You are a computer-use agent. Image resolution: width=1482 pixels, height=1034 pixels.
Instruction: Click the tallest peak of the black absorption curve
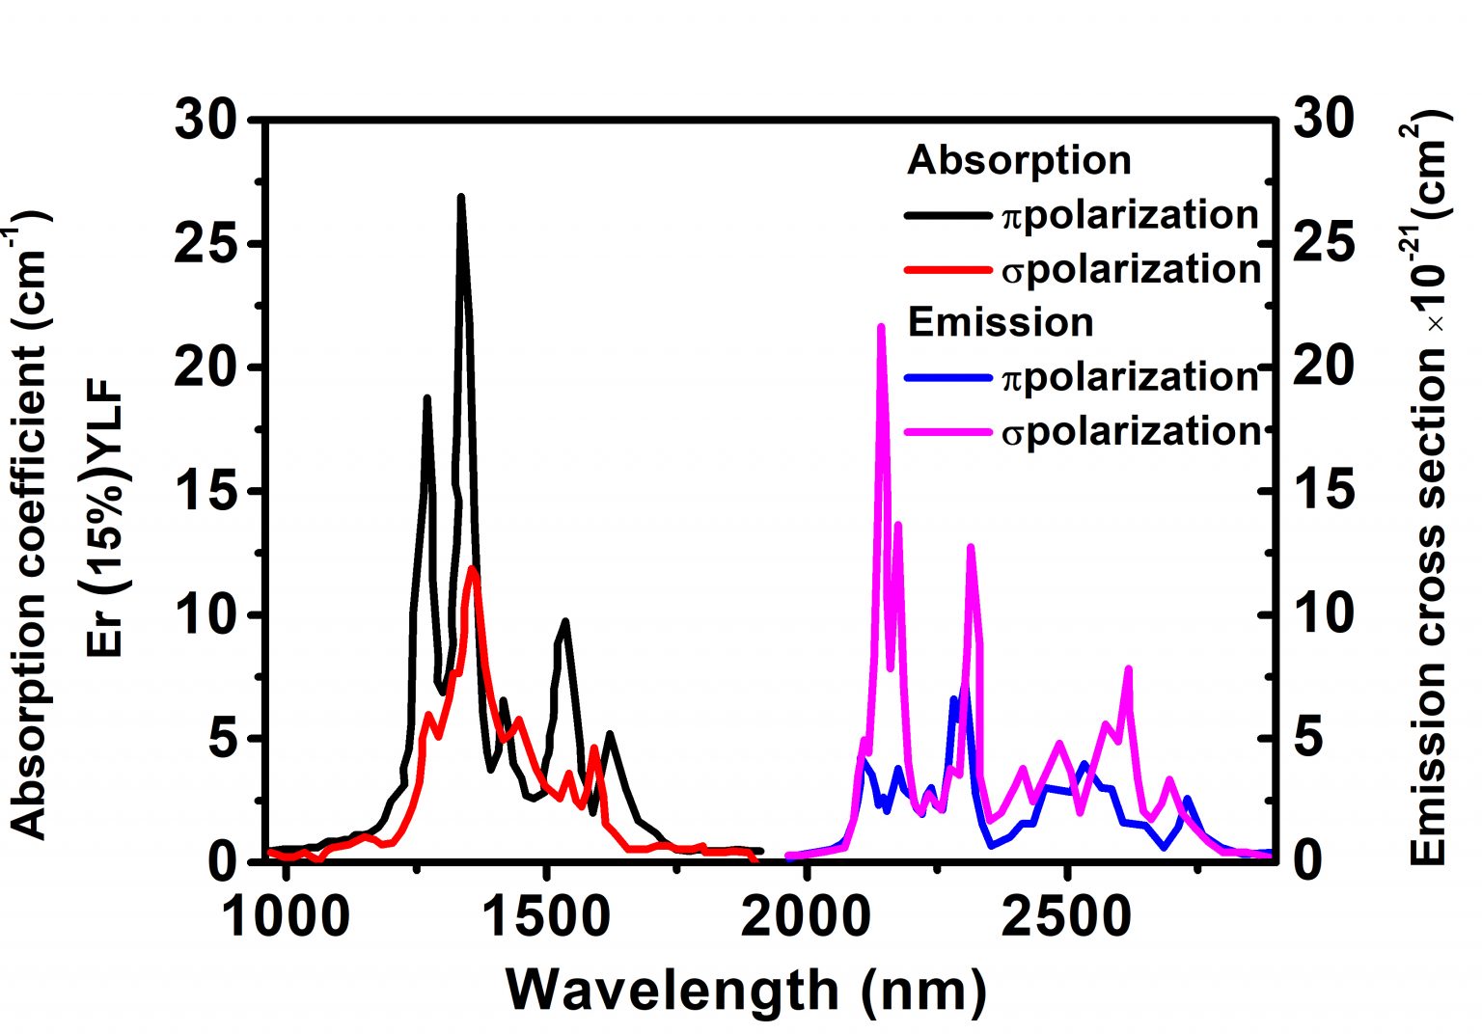pyautogui.click(x=461, y=198)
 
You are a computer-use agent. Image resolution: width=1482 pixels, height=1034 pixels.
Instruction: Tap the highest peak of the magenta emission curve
pyautogui.click(x=880, y=327)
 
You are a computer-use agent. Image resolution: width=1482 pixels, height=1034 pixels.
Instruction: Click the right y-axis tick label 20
pyautogui.click(x=1323, y=367)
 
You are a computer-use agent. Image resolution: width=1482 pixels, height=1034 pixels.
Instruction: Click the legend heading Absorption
pyautogui.click(x=1019, y=160)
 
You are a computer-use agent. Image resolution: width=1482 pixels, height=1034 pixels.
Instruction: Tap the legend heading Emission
pyautogui.click(x=1001, y=322)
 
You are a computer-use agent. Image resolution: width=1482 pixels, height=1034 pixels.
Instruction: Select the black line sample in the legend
pyautogui.click(x=947, y=216)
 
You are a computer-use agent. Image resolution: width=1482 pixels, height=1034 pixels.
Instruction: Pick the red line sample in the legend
pyautogui.click(x=947, y=270)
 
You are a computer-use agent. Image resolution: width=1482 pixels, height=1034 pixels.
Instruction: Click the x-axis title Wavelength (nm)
pyautogui.click(x=746, y=991)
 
